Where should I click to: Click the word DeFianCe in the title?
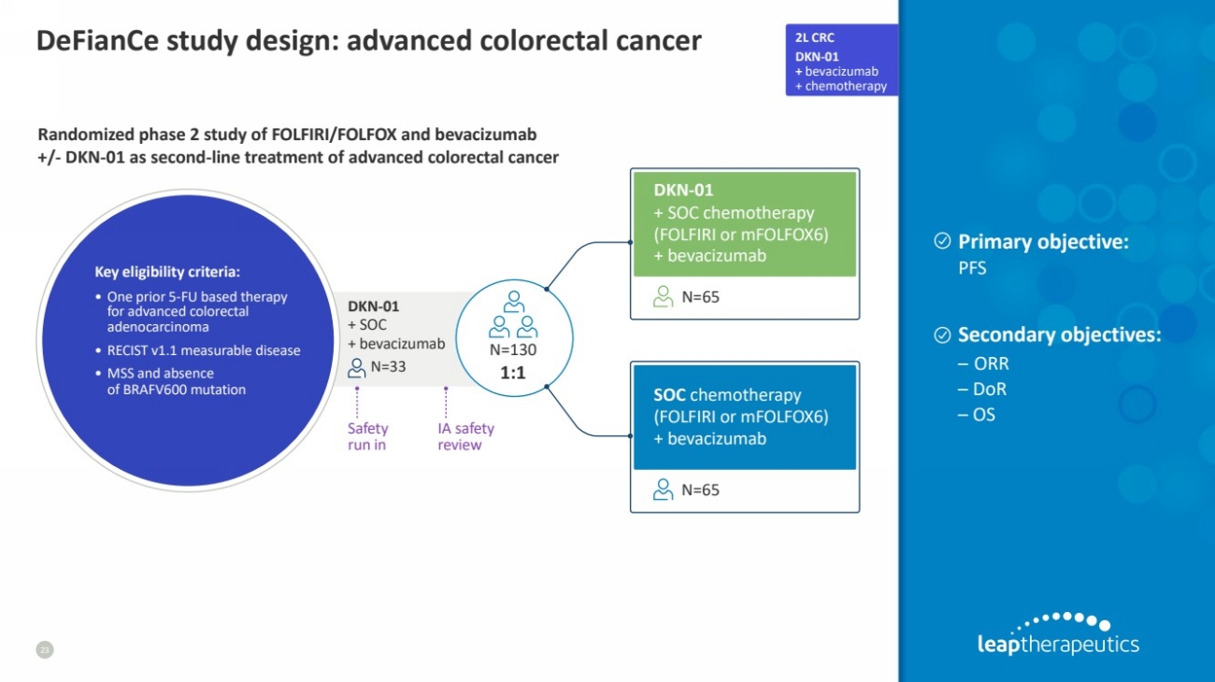97,41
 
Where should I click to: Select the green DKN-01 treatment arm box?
744,223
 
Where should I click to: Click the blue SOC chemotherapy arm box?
744,417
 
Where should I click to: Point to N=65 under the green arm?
700,298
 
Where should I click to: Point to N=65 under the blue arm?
700,490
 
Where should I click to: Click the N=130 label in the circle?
513,350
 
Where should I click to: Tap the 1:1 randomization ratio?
513,371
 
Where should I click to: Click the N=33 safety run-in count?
388,366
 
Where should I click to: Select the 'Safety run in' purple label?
367,436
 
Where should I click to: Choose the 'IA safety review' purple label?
465,436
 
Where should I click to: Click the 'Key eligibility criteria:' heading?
167,273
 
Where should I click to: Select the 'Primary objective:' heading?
1043,242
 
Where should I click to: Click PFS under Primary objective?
972,268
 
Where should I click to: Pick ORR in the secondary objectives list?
991,364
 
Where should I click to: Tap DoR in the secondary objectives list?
989,390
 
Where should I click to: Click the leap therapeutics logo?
1057,635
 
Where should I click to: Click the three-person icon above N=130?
513,315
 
